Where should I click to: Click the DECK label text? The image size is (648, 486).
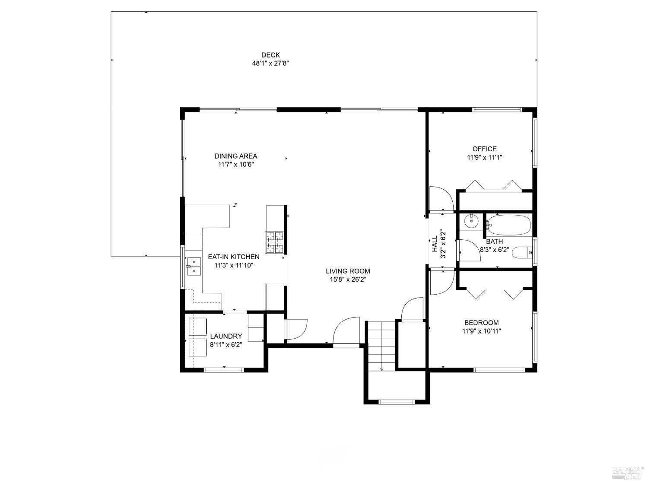(270, 55)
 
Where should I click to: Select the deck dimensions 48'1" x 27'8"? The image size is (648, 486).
(270, 63)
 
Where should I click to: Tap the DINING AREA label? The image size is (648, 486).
(236, 156)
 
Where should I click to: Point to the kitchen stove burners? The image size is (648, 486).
(275, 242)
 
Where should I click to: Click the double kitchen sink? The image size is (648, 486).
(194, 266)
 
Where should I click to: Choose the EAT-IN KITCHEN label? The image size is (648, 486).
(234, 257)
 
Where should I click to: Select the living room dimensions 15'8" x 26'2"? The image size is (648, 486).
(348, 280)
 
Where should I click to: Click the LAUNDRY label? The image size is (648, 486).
(226, 336)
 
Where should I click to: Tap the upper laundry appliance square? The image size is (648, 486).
(198, 326)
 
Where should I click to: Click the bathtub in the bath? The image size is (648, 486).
(508, 225)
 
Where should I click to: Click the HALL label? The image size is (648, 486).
(434, 244)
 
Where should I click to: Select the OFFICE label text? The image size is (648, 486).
(484, 149)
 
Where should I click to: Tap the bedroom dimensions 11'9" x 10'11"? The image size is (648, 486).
(482, 331)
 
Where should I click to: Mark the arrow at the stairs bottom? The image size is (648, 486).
(382, 368)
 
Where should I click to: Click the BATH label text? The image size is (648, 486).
(494, 241)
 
